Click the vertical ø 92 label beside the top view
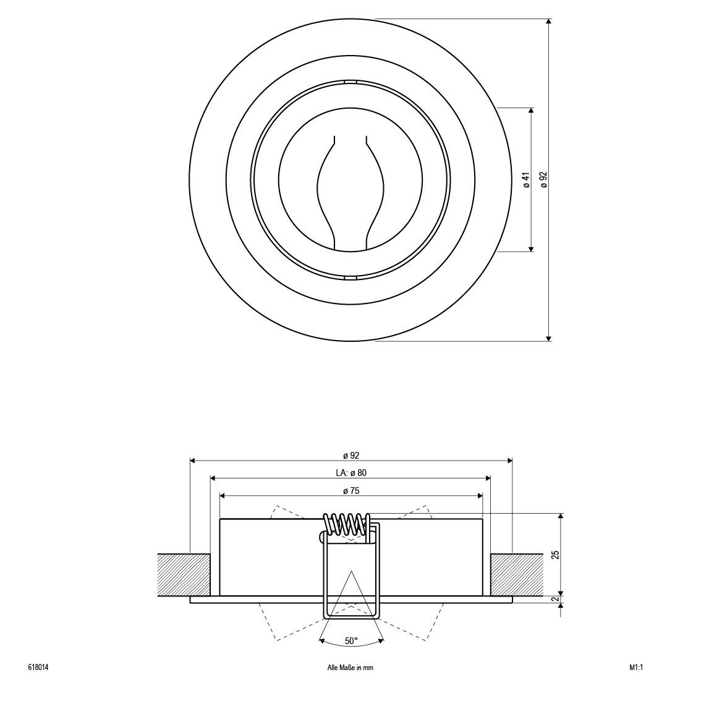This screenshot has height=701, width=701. (543, 179)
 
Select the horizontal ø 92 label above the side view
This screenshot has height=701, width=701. (351, 456)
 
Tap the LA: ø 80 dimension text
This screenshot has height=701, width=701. (351, 472)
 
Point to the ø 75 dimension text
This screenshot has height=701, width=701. (351, 491)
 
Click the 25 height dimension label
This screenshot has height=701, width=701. (556, 554)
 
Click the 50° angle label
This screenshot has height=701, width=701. (351, 640)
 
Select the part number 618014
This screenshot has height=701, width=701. (38, 668)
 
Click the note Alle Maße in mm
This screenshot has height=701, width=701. (350, 668)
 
